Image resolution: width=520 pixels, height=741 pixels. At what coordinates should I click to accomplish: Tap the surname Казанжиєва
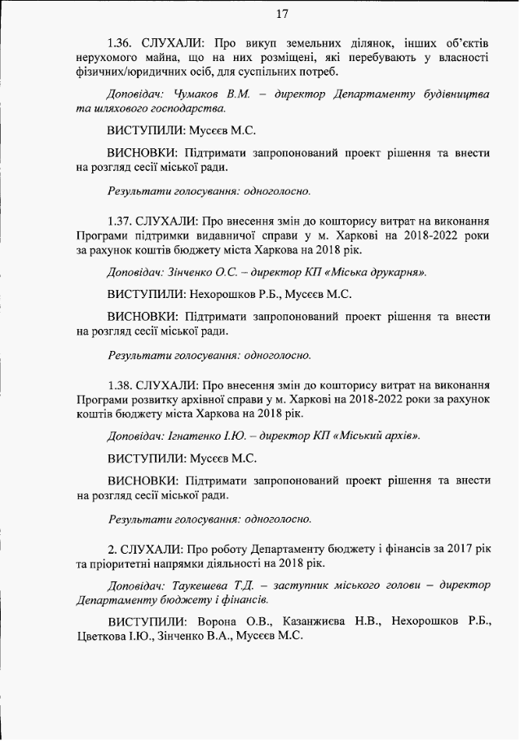point(315,623)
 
